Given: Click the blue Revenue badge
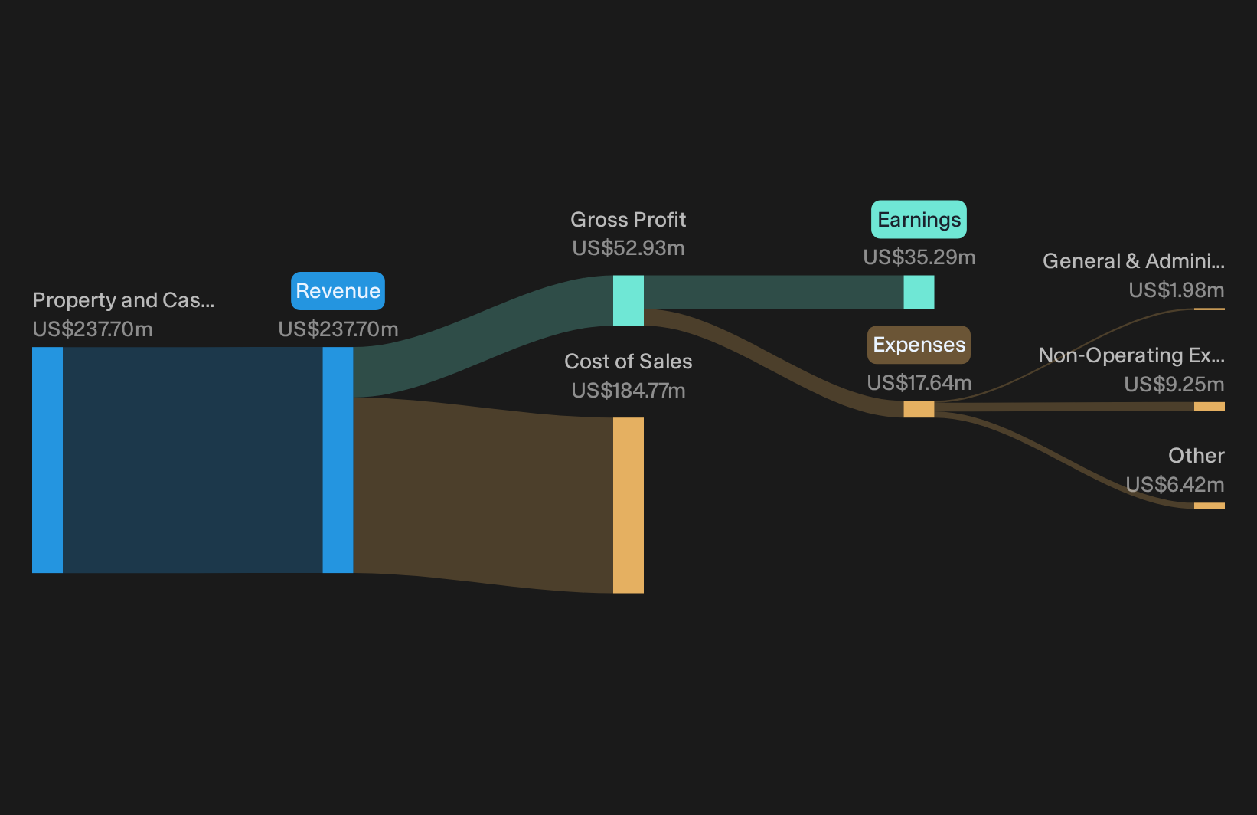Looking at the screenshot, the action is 338,291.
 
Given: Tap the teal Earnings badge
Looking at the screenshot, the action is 919,220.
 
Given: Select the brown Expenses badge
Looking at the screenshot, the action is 919,345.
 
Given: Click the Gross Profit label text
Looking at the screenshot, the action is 628,220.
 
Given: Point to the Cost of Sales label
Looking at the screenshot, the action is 628,362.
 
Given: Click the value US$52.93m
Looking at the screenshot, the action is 628,248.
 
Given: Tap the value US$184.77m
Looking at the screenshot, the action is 628,391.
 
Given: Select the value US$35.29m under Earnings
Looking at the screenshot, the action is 919,257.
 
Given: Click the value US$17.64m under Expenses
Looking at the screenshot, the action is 919,382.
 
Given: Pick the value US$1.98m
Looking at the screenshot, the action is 1176,290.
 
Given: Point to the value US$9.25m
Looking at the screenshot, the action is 1174,385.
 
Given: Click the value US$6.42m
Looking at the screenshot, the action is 1175,484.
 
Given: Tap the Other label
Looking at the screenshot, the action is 1197,456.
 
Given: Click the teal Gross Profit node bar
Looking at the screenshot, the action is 628,300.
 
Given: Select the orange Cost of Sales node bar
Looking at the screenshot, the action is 628,505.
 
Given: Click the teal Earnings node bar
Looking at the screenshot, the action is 919,292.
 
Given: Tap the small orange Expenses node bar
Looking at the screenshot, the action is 919,409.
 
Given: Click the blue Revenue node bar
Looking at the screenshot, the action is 338,460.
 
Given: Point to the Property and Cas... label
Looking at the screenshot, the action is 123,300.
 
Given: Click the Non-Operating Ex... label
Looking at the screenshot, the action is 1131,355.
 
